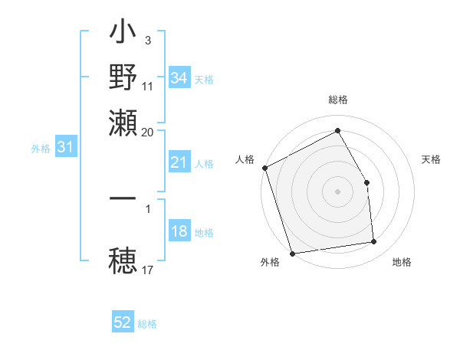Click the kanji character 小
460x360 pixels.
(x=123, y=35)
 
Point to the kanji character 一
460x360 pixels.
(x=123, y=198)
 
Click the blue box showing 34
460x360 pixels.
(x=179, y=78)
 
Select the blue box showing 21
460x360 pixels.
(x=179, y=162)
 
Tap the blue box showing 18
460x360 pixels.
(x=179, y=232)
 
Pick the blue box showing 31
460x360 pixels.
(x=65, y=148)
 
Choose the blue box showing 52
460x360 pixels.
(x=123, y=322)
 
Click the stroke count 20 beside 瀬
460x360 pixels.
(x=147, y=132)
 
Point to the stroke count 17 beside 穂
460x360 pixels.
(x=147, y=270)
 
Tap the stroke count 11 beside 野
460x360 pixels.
(x=147, y=86)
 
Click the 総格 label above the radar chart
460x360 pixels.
(x=338, y=100)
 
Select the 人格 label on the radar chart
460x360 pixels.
(x=245, y=159)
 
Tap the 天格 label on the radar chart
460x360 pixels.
(x=432, y=159)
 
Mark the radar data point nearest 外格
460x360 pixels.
(x=292, y=254)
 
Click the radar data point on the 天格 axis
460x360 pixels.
(x=366, y=182)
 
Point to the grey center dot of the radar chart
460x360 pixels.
(x=338, y=191)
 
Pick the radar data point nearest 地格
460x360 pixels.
(x=374, y=242)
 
